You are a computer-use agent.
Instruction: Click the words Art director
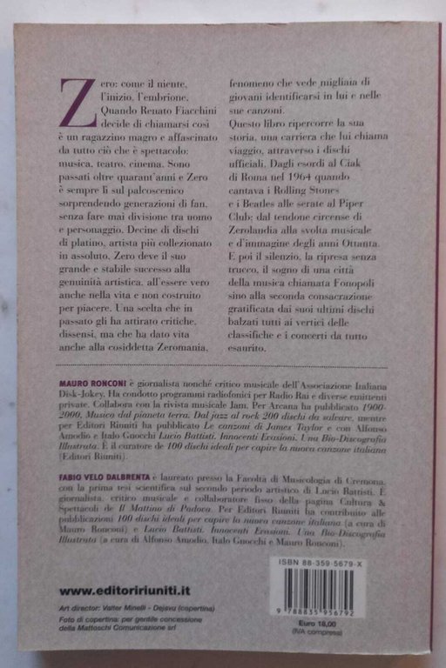94,610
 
